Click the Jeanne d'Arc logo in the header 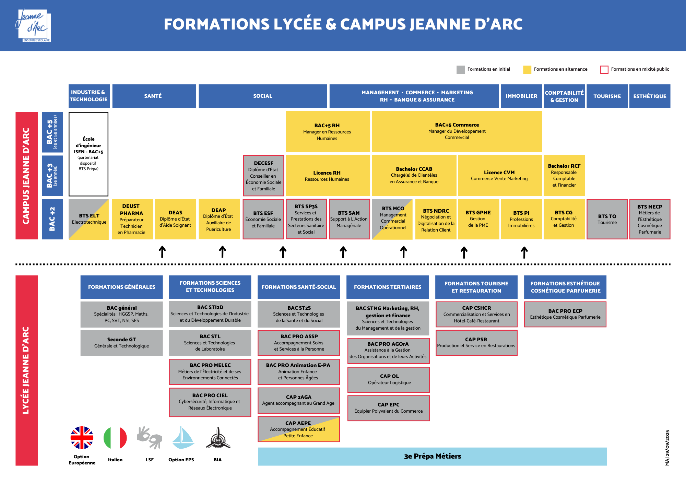pyautogui.click(x=34, y=26)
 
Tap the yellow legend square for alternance pyautogui.click(x=527, y=69)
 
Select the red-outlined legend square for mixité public pyautogui.click(x=604, y=69)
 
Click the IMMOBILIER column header pyautogui.click(x=521, y=96)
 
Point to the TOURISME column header pyautogui.click(x=607, y=96)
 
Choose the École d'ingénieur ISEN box pyautogui.click(x=88, y=154)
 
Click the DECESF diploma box pyautogui.click(x=263, y=176)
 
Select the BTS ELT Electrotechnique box pyautogui.click(x=89, y=219)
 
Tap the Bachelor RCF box pyautogui.click(x=564, y=175)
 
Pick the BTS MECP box pyautogui.click(x=650, y=219)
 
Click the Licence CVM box pyautogui.click(x=499, y=175)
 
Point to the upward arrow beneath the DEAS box pyautogui.click(x=162, y=252)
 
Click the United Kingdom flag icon pyautogui.click(x=82, y=438)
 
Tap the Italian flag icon pyautogui.click(x=115, y=438)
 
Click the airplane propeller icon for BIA pyautogui.click(x=218, y=438)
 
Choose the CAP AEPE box pyautogui.click(x=298, y=429)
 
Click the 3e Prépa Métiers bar pyautogui.click(x=432, y=456)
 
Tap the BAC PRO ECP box pyautogui.click(x=565, y=314)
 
